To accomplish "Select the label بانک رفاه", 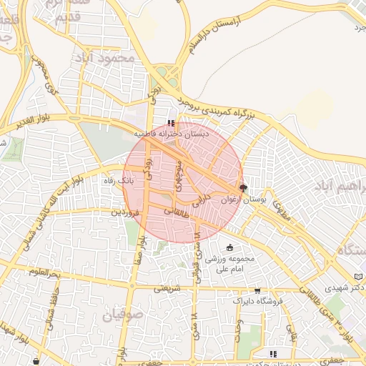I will [x=119, y=181].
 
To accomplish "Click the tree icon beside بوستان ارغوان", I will [x=243, y=189].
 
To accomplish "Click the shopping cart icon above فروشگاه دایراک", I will [x=257, y=291].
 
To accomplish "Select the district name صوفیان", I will [x=123, y=314].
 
